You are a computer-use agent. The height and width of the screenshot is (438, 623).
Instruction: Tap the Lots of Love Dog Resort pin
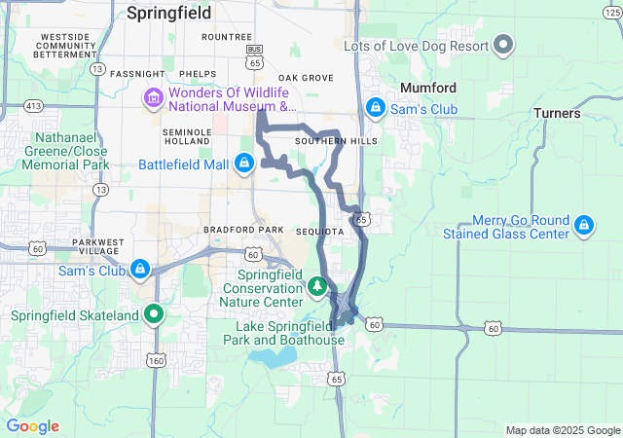503,44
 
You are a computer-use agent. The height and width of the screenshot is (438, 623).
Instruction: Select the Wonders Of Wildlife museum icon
153,98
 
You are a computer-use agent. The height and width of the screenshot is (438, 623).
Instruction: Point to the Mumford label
428,88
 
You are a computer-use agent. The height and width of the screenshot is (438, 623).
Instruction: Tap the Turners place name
557,113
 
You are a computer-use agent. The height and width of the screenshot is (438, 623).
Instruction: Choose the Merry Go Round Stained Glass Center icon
583,226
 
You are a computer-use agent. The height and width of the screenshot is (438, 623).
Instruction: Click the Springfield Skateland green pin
153,314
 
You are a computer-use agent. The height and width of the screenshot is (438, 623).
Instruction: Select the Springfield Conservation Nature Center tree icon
317,287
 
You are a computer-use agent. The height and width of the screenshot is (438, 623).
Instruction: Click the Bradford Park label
243,230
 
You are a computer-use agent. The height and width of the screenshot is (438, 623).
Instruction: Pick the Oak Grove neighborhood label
306,78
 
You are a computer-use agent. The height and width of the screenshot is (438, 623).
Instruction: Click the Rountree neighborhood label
226,37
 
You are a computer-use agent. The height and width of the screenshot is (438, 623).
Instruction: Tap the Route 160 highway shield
156,360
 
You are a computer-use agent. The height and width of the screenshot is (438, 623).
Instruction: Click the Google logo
32,426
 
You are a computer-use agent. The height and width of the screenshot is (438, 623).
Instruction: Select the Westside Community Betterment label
62,45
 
